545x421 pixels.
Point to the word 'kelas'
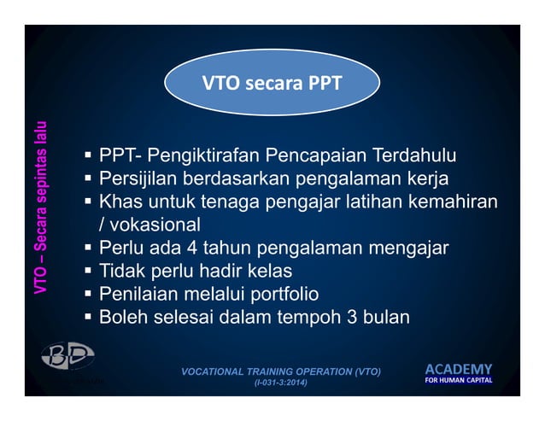coord(269,272)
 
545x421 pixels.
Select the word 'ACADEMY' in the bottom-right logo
coord(459,368)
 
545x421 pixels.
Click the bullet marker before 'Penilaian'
coord(88,295)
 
